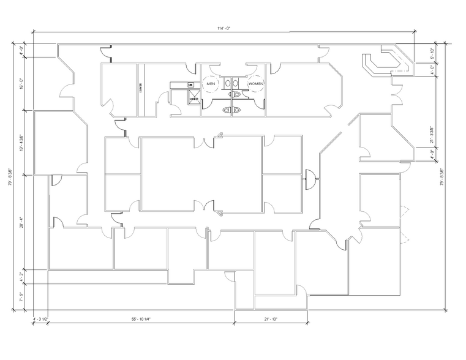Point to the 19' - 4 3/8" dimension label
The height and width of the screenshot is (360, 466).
tap(21, 142)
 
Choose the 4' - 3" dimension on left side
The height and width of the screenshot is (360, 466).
tap(21, 277)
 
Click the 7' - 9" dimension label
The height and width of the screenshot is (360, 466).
tap(21, 298)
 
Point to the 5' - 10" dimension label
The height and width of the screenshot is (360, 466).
tap(432, 53)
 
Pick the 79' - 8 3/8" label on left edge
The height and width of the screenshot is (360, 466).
tap(10, 178)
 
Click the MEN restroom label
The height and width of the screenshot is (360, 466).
tap(211, 84)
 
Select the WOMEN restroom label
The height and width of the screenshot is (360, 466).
tap(255, 84)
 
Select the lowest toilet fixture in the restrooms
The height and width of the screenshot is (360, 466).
tap(230, 109)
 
